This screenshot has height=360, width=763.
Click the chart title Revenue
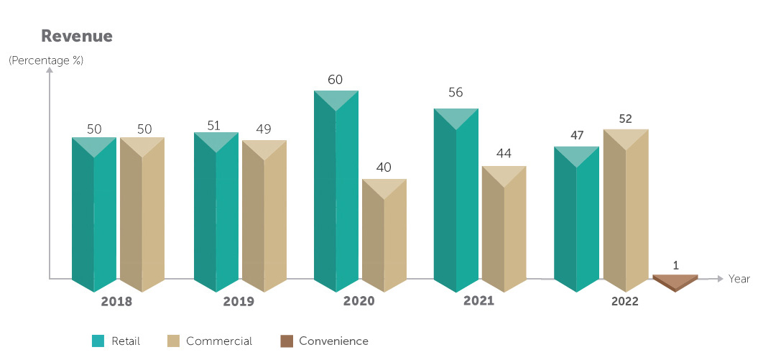coord(77,36)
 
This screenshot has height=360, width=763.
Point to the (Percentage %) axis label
coord(46,61)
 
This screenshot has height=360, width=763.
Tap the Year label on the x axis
coord(739,279)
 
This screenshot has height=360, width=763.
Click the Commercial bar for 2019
coord(264,216)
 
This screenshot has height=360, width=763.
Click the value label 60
coord(336,80)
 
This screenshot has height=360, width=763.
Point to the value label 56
coord(456,93)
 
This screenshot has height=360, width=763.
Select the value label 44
coord(504,153)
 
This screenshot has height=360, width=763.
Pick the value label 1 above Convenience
coord(676,265)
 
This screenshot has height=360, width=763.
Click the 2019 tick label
coord(238,302)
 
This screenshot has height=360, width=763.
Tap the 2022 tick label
coord(624,303)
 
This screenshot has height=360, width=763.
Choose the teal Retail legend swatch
coord(98,341)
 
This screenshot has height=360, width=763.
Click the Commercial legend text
coord(219,341)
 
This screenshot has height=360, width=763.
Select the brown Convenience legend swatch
coord(287,341)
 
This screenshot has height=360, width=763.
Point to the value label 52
coord(626,119)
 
